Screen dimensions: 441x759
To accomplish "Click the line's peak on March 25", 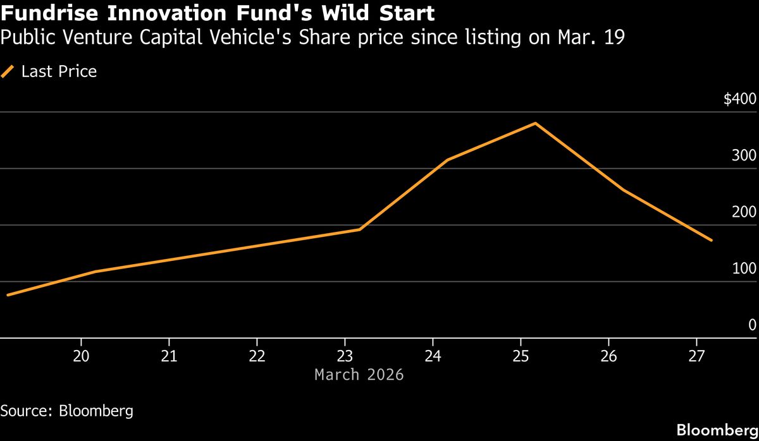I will coord(536,123).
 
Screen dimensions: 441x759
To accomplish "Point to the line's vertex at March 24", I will coord(448,160).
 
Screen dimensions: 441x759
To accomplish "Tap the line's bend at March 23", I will coord(360,229).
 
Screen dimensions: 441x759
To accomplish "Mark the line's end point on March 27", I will coord(712,241).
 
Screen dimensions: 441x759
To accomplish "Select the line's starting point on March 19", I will coord(8,295).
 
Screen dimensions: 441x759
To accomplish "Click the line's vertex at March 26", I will coord(624,190).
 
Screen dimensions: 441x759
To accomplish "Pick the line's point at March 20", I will coord(96,272).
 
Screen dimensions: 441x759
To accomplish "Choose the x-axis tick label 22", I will coord(257,356).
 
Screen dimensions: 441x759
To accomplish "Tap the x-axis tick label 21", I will coord(169,356).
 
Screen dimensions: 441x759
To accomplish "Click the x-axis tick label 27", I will coord(696,356).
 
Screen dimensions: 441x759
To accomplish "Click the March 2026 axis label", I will coord(359,375).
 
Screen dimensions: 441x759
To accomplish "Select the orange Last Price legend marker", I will coord(8,72).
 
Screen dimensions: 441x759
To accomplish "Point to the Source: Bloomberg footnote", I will coord(67,411).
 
